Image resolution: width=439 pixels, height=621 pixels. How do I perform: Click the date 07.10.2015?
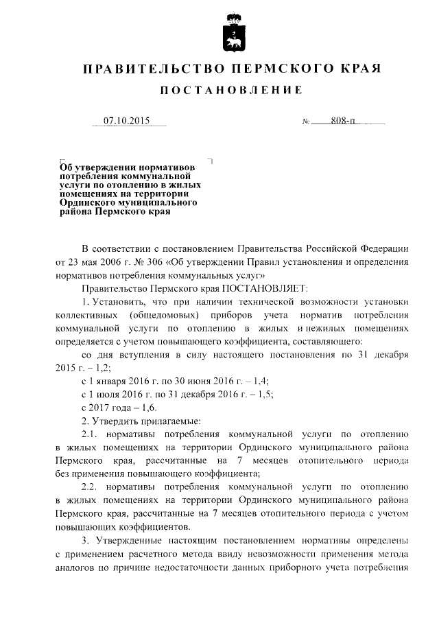tap(126, 121)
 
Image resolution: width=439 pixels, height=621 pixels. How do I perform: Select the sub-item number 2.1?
tap(91, 433)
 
